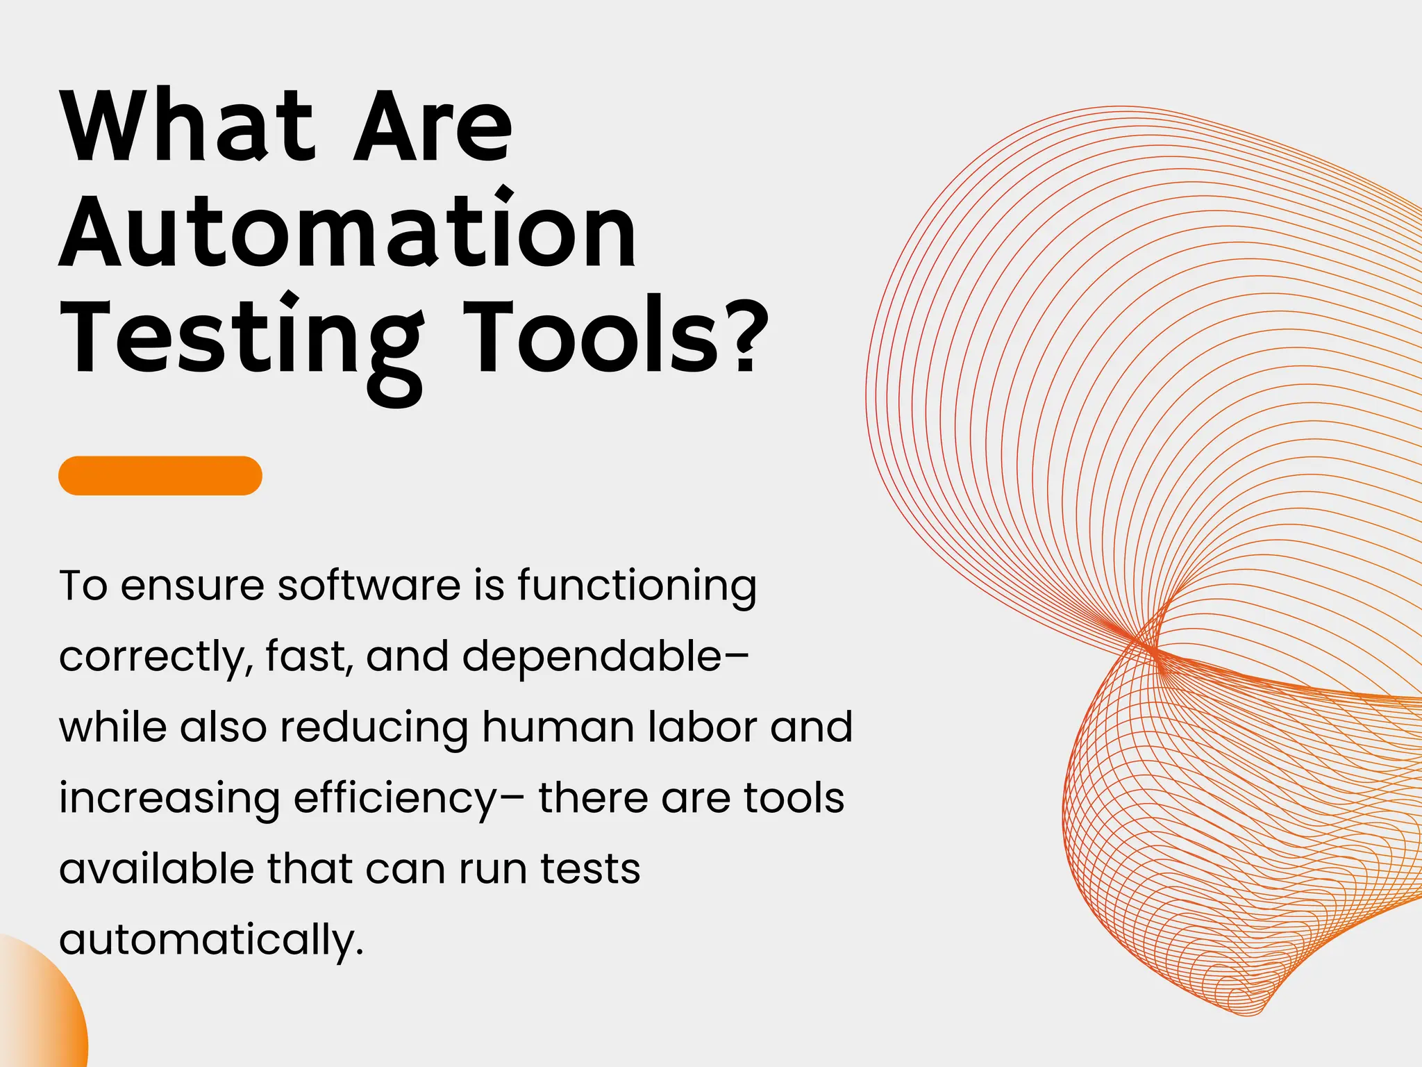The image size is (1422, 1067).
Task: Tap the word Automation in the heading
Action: click(x=347, y=232)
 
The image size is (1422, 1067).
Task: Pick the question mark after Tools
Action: click(x=747, y=336)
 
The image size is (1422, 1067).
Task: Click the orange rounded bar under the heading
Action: click(x=160, y=476)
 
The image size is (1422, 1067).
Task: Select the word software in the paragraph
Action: click(x=369, y=585)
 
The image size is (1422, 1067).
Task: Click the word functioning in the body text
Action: click(x=637, y=586)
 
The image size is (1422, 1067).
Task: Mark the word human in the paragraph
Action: click(x=558, y=727)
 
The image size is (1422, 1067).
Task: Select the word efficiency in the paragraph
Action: click(x=395, y=799)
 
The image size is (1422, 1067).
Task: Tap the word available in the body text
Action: click(x=156, y=869)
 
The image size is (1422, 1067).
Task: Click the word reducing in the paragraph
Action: click(x=374, y=729)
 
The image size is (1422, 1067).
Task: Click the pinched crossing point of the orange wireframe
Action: click(x=1153, y=650)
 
